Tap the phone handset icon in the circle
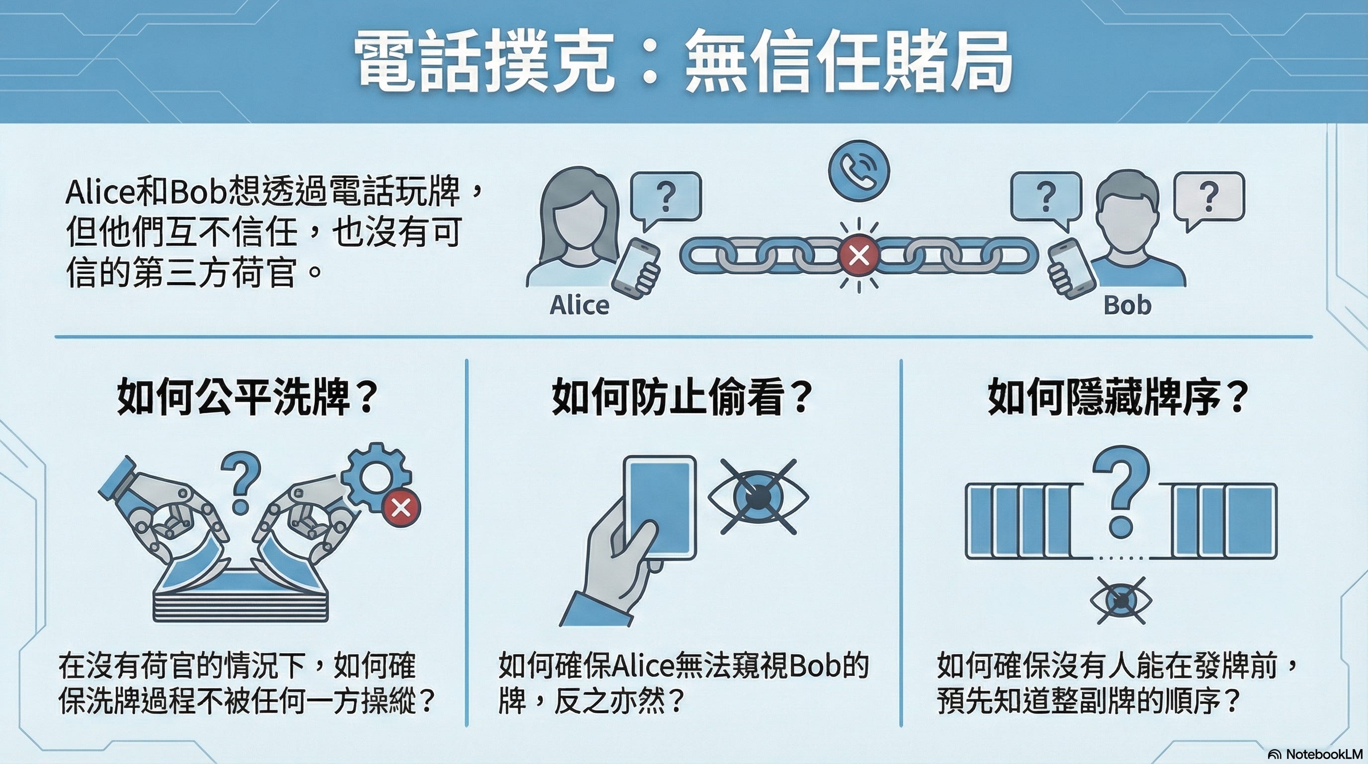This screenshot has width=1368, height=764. [858, 171]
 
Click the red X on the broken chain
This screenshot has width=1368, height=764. [858, 256]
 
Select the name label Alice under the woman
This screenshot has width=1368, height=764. [580, 305]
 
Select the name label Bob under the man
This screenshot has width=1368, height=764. [1127, 305]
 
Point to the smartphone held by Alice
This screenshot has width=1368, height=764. [636, 267]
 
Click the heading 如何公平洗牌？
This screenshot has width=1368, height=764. [248, 397]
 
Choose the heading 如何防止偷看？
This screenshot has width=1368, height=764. [683, 397]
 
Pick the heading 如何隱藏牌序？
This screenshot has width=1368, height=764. [1118, 397]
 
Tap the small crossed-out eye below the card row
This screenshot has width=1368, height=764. [1121, 600]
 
